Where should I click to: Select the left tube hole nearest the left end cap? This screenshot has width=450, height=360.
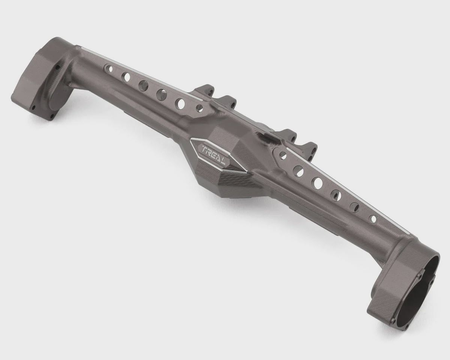coord(109,68)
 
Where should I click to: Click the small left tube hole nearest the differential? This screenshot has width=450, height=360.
coord(200,108)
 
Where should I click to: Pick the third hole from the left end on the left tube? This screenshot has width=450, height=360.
coord(144,84)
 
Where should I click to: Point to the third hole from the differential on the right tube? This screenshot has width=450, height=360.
coord(318,181)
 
